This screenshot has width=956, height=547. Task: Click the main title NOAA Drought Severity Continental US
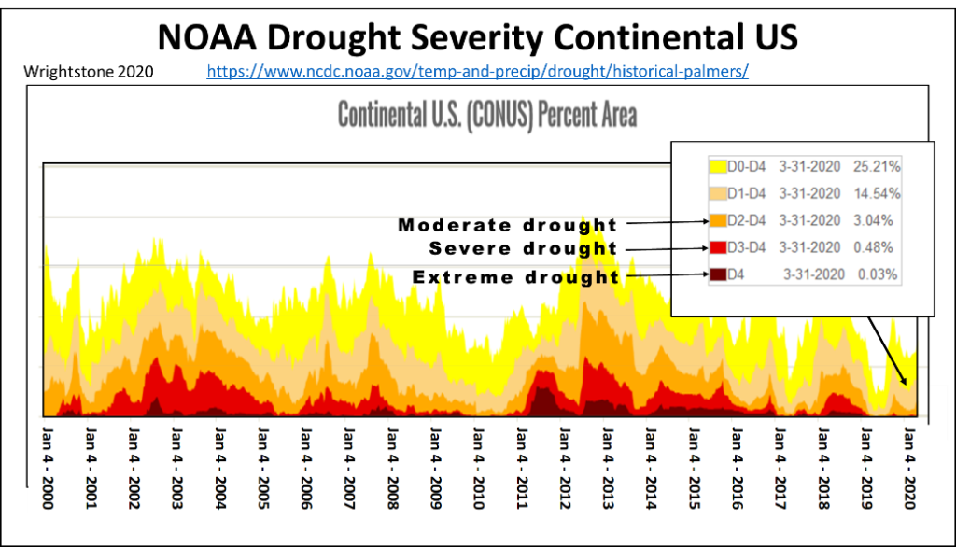(478, 36)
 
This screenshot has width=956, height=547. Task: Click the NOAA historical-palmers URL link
(476, 71)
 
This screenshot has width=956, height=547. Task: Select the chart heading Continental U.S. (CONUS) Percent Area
(486, 115)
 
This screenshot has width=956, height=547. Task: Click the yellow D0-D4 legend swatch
(717, 167)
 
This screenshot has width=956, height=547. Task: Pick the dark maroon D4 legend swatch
(717, 274)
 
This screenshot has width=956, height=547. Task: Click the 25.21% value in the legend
(877, 167)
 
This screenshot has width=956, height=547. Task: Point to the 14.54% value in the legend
(877, 194)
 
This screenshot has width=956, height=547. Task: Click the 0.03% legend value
(879, 274)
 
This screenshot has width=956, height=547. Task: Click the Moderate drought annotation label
(508, 225)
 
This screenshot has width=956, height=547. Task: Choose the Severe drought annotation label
(523, 249)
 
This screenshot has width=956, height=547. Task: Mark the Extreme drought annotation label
(515, 277)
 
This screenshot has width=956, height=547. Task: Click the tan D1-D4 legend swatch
(717, 194)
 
